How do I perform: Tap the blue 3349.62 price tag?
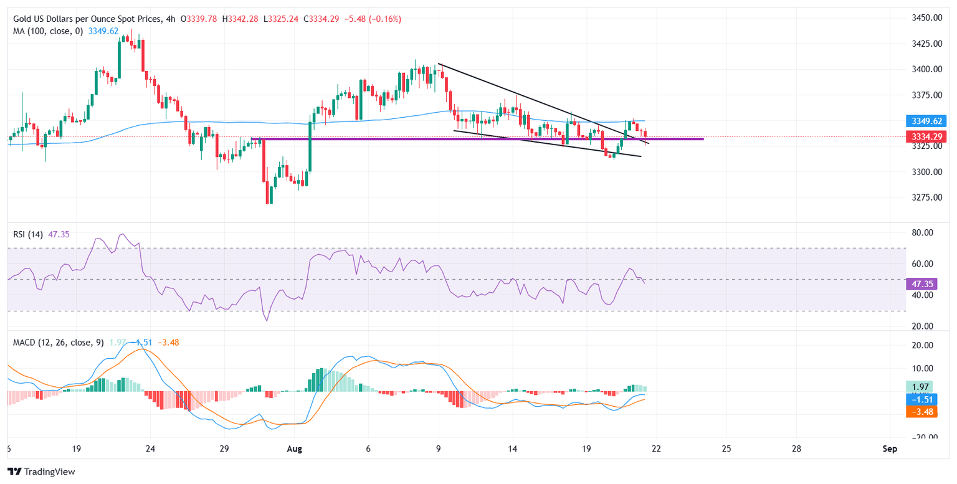click(927, 121)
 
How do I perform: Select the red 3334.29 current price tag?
click(927, 136)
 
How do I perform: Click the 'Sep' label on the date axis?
click(890, 448)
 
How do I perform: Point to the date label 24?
click(149, 448)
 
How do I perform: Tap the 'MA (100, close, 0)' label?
click(50, 31)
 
